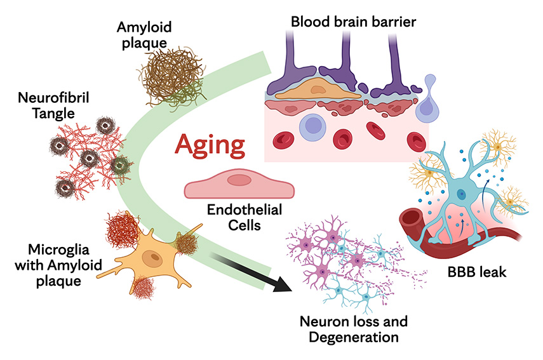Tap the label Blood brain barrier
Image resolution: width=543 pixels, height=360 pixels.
353,22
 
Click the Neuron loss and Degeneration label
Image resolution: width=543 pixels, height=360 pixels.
354,328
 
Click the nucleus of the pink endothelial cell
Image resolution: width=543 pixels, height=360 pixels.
239,180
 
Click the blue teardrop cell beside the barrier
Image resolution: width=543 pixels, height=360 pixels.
429,105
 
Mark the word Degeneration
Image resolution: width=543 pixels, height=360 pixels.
354,337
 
